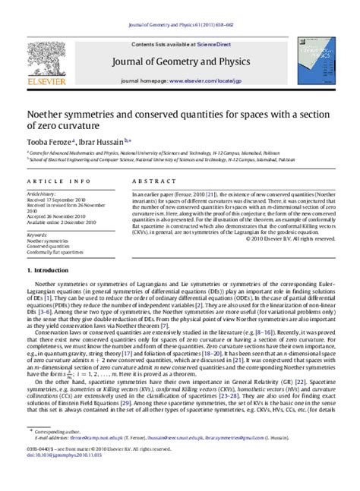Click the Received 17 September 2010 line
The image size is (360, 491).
(x=62, y=200)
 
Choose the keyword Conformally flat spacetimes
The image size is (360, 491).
(x=60, y=252)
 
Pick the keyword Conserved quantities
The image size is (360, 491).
(x=52, y=246)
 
